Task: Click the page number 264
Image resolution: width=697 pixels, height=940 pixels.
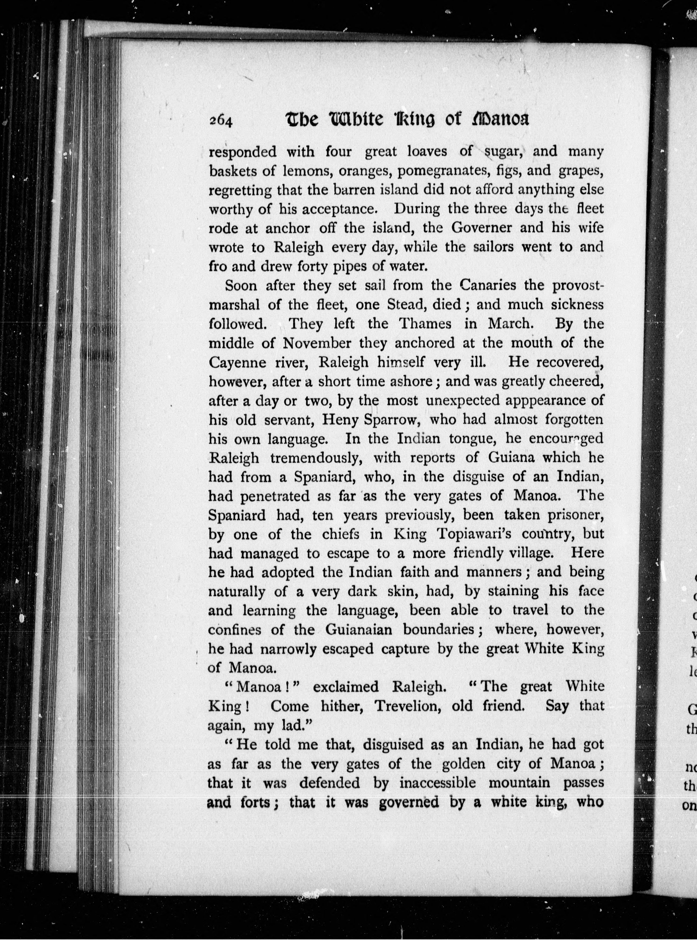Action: [x=221, y=122]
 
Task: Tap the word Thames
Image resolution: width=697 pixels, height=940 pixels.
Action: [x=425, y=324]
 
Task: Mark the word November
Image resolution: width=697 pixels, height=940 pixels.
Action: [x=317, y=343]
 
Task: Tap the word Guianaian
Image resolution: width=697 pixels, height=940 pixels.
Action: [x=359, y=630]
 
